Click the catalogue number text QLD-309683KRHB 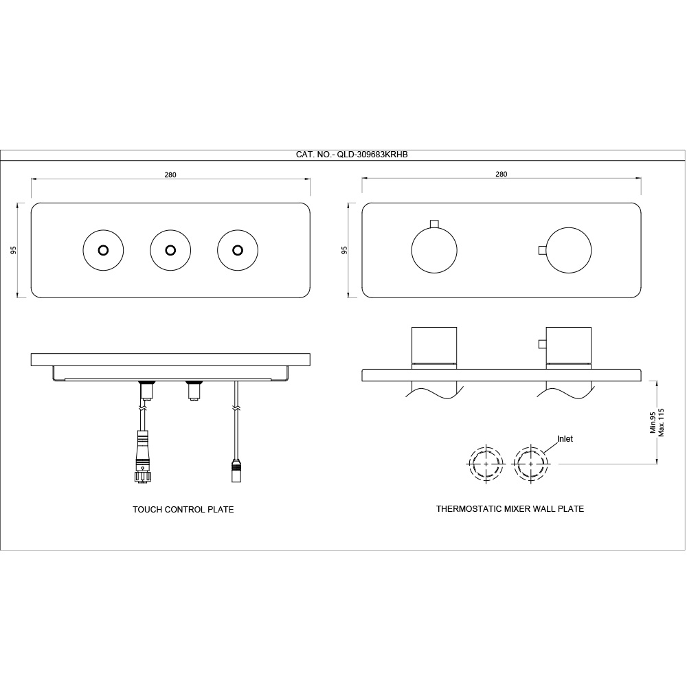tap(372, 155)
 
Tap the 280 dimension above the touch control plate tap(170, 175)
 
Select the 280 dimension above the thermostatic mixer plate tap(502, 174)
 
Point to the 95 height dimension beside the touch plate tap(13, 250)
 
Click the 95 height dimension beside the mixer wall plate tap(344, 250)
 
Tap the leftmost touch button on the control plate tap(104, 250)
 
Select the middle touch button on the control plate tap(170, 250)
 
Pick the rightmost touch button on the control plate tap(238, 250)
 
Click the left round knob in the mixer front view tap(434, 251)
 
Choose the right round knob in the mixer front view tap(568, 251)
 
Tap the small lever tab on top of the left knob tap(434, 224)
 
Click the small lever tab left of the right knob tap(542, 251)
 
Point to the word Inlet tap(565, 439)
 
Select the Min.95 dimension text tap(653, 423)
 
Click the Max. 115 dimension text tap(661, 423)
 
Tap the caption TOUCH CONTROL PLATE tap(183, 510)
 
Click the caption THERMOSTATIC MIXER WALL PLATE tap(510, 509)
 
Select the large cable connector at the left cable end tap(142, 457)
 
